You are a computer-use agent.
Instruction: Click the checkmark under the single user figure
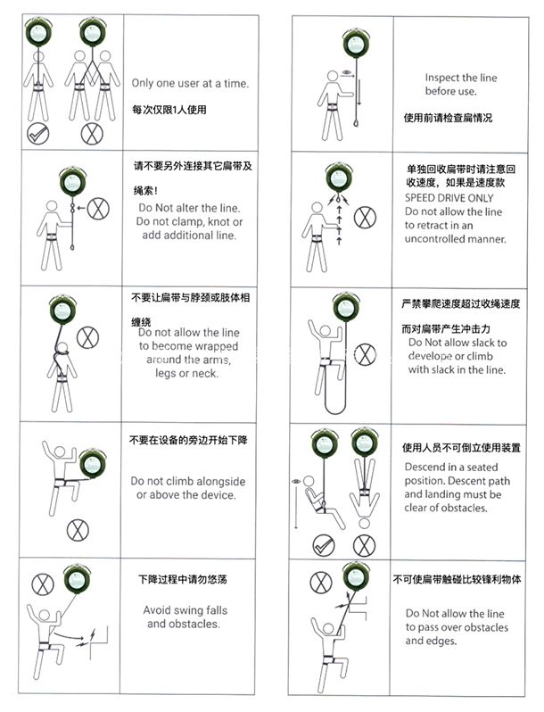38,133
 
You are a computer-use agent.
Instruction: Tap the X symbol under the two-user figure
92,134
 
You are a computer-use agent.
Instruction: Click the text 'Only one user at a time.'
190,84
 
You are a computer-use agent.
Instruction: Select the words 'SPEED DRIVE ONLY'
449,198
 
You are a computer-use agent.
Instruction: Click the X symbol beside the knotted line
98,209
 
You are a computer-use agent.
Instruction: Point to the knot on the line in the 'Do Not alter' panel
71,209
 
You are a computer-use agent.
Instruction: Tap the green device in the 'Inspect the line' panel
356,43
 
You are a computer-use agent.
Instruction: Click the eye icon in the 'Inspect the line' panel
347,72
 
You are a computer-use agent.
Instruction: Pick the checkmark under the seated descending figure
324,545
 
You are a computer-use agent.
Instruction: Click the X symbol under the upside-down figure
364,545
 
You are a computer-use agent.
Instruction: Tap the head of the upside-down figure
364,524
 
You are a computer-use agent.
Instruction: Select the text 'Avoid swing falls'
185,610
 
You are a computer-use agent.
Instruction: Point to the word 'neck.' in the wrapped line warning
204,373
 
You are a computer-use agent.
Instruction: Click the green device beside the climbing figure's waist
93,463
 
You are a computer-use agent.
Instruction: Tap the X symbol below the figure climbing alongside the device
78,530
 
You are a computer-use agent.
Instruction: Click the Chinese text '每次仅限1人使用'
169,110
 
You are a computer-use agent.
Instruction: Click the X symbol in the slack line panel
366,354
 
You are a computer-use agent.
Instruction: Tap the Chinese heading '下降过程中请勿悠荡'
183,579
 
